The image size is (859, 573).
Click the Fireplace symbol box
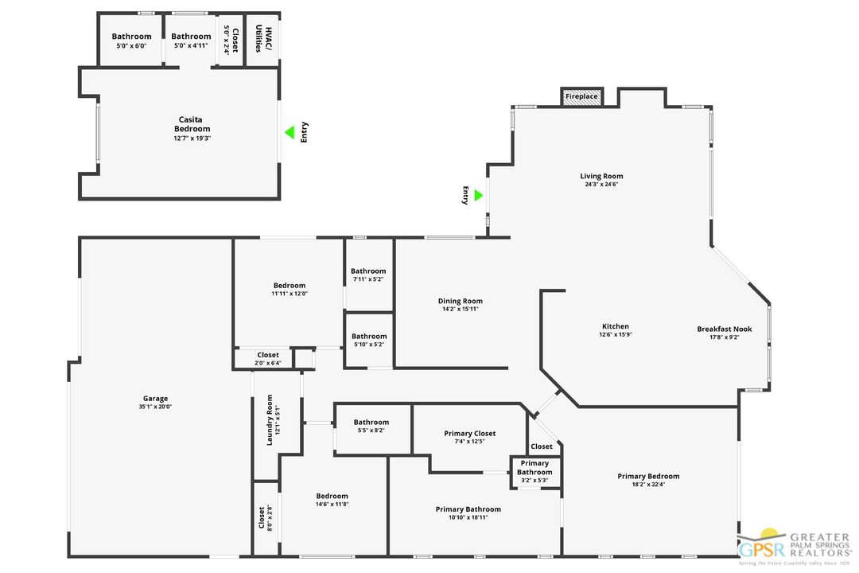click(x=581, y=97)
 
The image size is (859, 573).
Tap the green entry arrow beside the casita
click(x=290, y=132)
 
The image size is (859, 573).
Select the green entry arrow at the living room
click(x=478, y=195)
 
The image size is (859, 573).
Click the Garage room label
click(x=156, y=399)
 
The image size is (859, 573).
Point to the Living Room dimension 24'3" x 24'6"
click(x=601, y=185)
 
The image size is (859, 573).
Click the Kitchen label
click(x=615, y=326)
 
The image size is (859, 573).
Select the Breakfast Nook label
click(x=724, y=329)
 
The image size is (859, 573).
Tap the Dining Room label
click(x=460, y=301)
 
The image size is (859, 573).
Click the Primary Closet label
click(x=469, y=434)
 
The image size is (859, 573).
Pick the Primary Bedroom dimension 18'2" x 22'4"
click(x=648, y=485)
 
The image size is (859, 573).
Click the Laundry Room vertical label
click(x=270, y=419)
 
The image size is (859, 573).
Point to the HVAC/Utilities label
click(x=262, y=38)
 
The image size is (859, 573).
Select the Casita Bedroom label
click(x=192, y=124)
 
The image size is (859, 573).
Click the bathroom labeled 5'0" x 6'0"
click(x=131, y=40)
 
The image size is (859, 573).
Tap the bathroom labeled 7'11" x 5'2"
click(x=368, y=275)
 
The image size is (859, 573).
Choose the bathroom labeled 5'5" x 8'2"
click(x=371, y=427)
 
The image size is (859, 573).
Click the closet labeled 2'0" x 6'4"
click(x=268, y=358)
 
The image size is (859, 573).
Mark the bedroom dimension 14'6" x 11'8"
click(x=332, y=504)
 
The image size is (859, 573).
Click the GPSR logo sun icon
click(x=768, y=536)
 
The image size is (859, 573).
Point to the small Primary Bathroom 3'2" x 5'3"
click(x=534, y=471)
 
